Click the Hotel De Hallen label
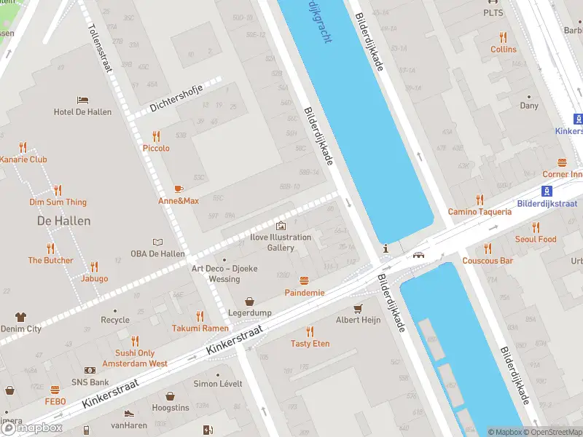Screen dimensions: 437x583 click(x=82, y=111)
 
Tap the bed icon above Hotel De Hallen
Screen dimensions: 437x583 click(x=82, y=99)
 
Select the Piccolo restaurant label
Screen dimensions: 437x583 click(x=156, y=148)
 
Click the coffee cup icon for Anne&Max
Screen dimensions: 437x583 click(x=179, y=188)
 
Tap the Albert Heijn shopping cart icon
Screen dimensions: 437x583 click(x=358, y=308)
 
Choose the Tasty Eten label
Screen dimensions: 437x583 click(x=310, y=343)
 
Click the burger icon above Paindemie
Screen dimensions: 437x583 click(x=305, y=280)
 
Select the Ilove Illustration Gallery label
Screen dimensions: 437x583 click(x=281, y=242)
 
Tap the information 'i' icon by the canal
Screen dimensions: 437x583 click(x=386, y=249)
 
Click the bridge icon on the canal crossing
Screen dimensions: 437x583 click(x=419, y=255)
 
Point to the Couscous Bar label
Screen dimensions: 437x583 click(x=488, y=260)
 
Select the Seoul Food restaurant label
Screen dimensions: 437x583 click(x=536, y=239)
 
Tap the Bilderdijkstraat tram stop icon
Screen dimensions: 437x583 click(x=546, y=191)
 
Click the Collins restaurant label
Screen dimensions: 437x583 click(x=503, y=49)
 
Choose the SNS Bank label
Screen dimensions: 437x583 click(x=90, y=382)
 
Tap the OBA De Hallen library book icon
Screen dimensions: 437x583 click(x=157, y=242)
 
